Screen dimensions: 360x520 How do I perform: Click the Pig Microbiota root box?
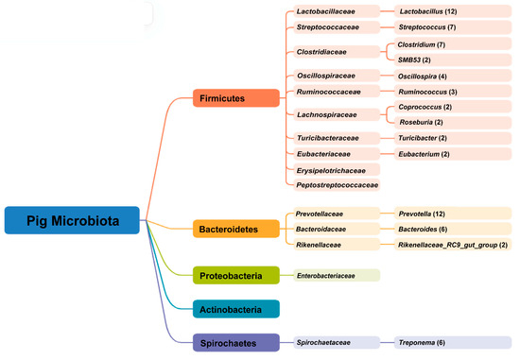click(73, 219)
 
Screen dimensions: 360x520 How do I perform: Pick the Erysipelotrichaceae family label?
click(335, 169)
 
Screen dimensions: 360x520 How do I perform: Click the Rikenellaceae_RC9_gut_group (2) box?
click(450, 244)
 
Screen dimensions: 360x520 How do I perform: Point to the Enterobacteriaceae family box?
click(335, 275)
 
